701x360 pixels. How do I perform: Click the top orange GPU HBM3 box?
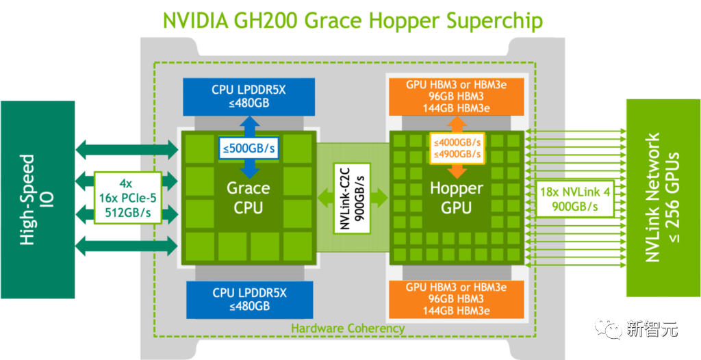pyautogui.click(x=456, y=97)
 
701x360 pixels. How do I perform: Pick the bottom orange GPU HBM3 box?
pyautogui.click(x=456, y=299)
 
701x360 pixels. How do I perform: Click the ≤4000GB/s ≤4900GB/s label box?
pyautogui.click(x=457, y=148)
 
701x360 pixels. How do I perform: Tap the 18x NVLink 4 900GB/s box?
pyautogui.click(x=572, y=198)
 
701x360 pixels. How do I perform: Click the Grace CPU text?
pyautogui.click(x=248, y=198)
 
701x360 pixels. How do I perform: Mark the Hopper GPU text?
pyautogui.click(x=457, y=198)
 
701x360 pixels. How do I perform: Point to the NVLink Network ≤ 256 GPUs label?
pyautogui.click(x=662, y=198)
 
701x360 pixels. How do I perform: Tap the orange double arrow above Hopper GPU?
pyautogui.click(x=457, y=124)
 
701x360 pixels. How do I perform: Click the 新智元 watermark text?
pyautogui.click(x=652, y=329)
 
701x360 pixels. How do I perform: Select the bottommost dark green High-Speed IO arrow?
pyautogui.click(x=126, y=245)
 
